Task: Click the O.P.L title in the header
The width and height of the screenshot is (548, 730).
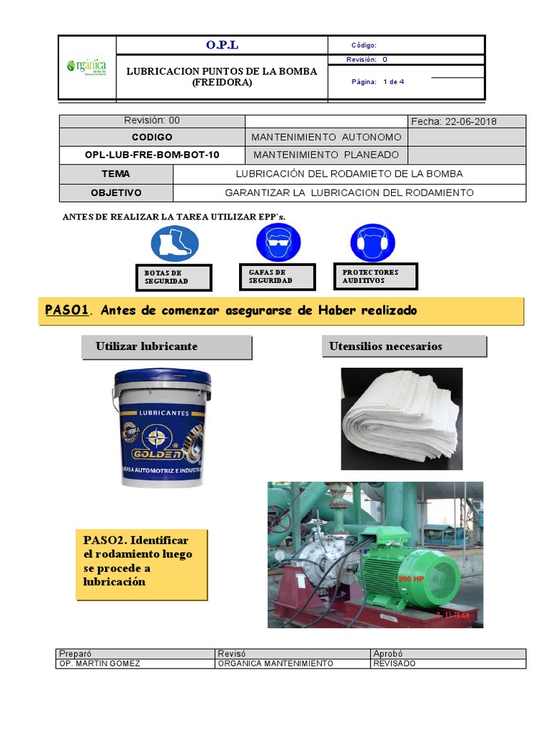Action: (x=222, y=45)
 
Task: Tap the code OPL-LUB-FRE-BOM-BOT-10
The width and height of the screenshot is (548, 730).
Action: (x=152, y=155)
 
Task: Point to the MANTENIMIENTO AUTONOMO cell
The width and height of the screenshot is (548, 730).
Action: (x=327, y=137)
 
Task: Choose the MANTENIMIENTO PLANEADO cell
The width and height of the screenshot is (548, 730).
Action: (x=325, y=155)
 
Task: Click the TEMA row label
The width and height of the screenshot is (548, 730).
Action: (x=116, y=174)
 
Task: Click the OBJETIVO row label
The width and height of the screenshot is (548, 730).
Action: (x=116, y=192)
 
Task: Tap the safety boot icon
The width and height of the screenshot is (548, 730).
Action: (x=175, y=242)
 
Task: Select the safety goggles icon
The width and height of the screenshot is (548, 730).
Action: (x=278, y=242)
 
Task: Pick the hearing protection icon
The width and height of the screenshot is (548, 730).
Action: (x=372, y=242)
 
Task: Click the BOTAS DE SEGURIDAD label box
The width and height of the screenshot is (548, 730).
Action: (x=173, y=277)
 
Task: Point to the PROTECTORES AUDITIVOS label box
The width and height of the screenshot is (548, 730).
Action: (x=375, y=276)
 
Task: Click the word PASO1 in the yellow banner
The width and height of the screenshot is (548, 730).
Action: (x=66, y=310)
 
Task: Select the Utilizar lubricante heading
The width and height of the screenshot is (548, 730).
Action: (x=146, y=346)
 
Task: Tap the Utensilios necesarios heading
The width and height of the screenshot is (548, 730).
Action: (x=385, y=346)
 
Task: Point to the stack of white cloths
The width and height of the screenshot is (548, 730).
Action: (x=401, y=418)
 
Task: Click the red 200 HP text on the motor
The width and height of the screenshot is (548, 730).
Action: (x=411, y=579)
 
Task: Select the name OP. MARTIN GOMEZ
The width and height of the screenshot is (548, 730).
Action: (x=100, y=664)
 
